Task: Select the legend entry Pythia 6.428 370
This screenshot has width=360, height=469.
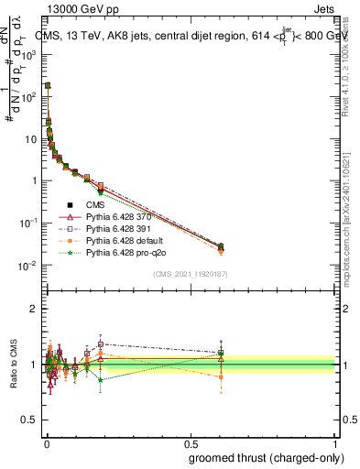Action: [x=119, y=217]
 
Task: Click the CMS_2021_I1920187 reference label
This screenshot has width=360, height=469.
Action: [x=190, y=274]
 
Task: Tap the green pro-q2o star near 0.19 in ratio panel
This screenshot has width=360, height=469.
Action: [x=100, y=379]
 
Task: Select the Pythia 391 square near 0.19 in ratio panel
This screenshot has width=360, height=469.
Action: [x=100, y=344]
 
